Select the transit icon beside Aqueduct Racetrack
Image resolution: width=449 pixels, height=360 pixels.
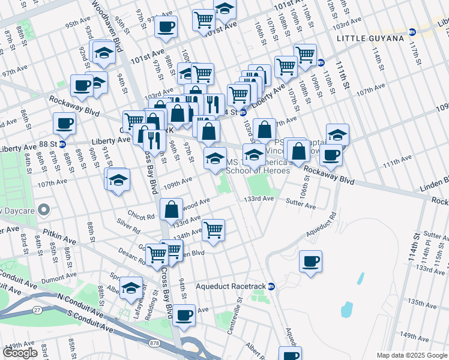tap(271, 286)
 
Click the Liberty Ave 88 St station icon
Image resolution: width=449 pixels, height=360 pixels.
tap(62, 144)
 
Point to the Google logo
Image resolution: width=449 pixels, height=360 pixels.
tap(20, 353)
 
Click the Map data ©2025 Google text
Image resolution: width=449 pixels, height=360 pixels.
tap(412, 355)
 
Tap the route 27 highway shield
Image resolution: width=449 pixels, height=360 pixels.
tap(38, 309)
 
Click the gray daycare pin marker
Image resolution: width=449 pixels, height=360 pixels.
tap(43, 210)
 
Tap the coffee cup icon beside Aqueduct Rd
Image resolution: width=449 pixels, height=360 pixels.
tap(311, 262)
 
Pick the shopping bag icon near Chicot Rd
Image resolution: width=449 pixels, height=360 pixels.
tap(171, 209)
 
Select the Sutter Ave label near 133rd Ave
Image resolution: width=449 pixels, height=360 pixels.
tap(301, 206)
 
